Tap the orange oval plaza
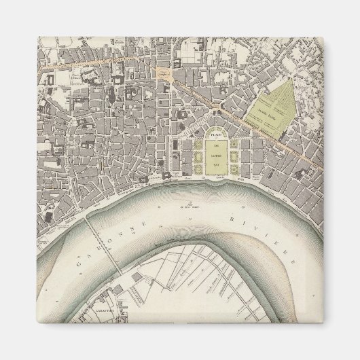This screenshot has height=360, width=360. pyautogui.click(x=163, y=71)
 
